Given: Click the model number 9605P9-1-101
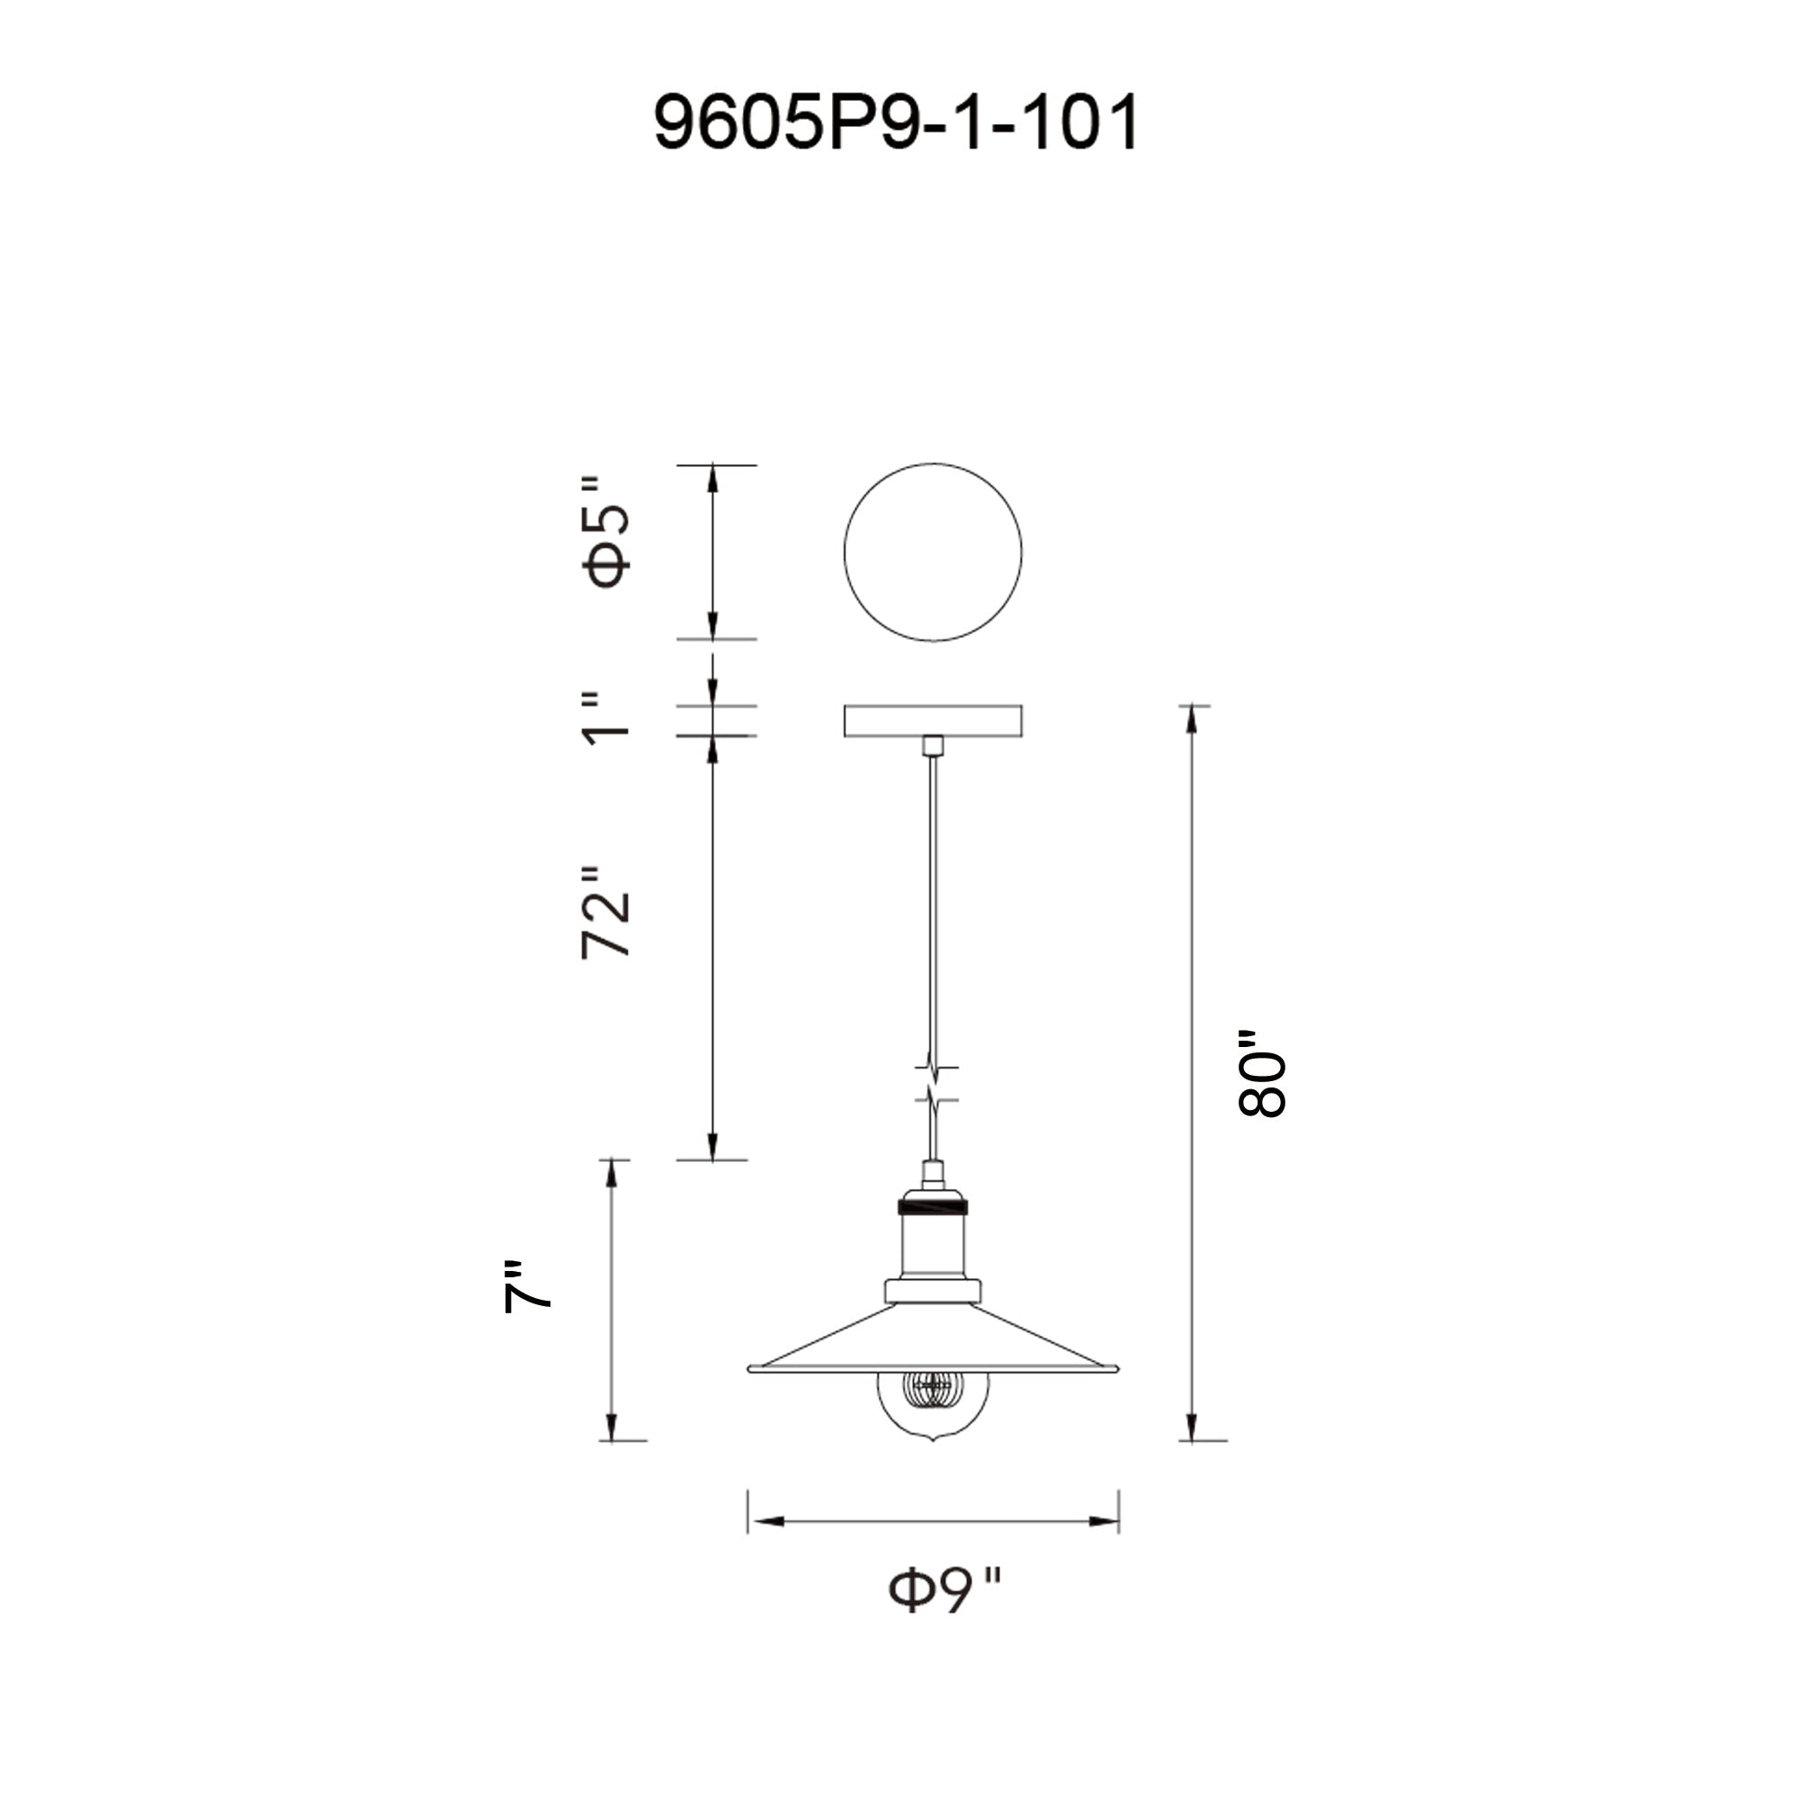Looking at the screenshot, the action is [x=896, y=122].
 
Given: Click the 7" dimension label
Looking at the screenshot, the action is [x=527, y=1288].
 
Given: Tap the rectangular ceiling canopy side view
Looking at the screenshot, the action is [x=933, y=720].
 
